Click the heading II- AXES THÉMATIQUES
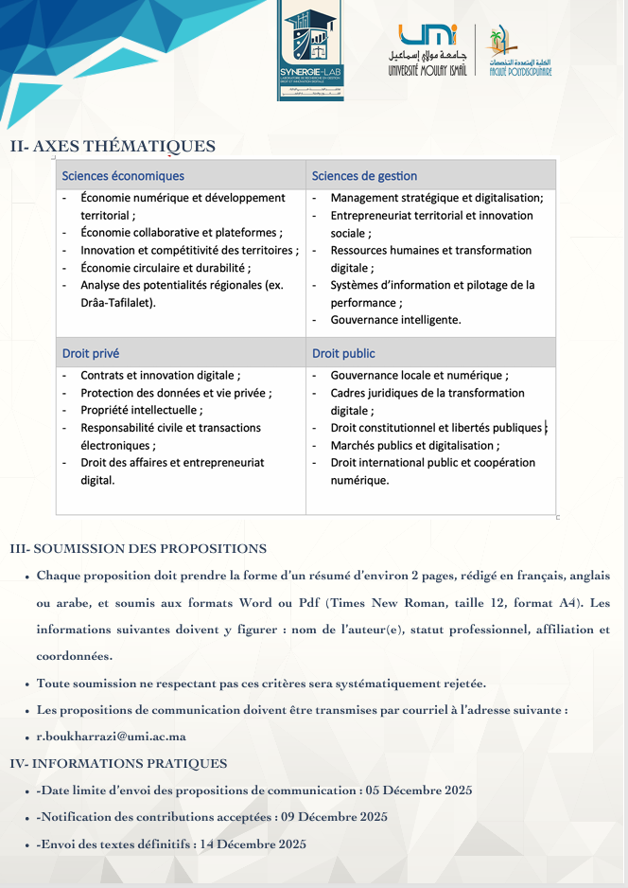click(113, 147)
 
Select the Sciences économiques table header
click(123, 176)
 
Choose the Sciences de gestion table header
click(364, 176)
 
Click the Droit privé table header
click(91, 353)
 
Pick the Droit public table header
click(343, 353)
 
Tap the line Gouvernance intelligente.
click(395, 320)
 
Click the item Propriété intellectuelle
click(141, 410)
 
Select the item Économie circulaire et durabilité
click(166, 268)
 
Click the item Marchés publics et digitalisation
click(414, 445)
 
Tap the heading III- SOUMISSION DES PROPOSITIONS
click(138, 549)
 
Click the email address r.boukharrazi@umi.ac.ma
click(111, 737)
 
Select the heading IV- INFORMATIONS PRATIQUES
click(118, 763)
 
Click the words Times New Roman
click(376, 602)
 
